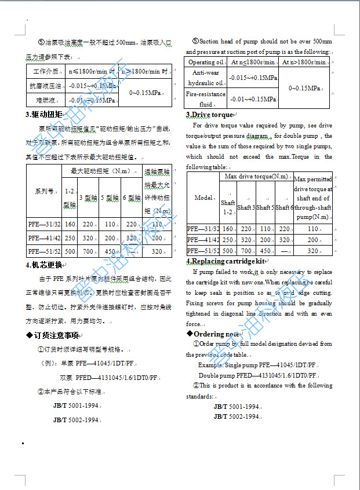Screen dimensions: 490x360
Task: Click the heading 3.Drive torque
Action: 209,115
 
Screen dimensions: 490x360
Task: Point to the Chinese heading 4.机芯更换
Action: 44,265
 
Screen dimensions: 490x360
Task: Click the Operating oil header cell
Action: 206,62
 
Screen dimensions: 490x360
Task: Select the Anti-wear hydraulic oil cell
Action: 206,77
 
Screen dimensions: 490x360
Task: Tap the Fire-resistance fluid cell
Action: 206,99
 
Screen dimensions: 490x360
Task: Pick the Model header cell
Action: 203,198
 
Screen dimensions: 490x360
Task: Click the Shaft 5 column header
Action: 265,207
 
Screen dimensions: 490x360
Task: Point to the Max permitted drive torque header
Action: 313,197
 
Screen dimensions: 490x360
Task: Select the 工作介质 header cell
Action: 46,72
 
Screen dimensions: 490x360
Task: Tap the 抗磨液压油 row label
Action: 46,86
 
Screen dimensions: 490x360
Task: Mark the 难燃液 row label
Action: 46,100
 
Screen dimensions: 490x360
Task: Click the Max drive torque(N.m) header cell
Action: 256,176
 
